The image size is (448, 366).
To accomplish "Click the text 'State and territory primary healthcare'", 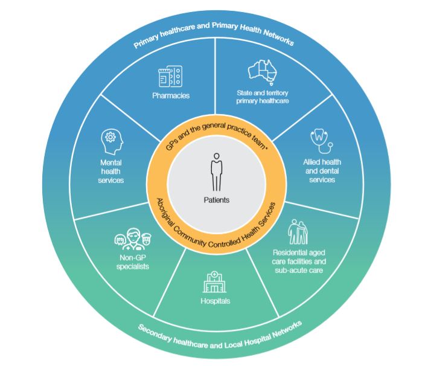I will pyautogui.click(x=263, y=97).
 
